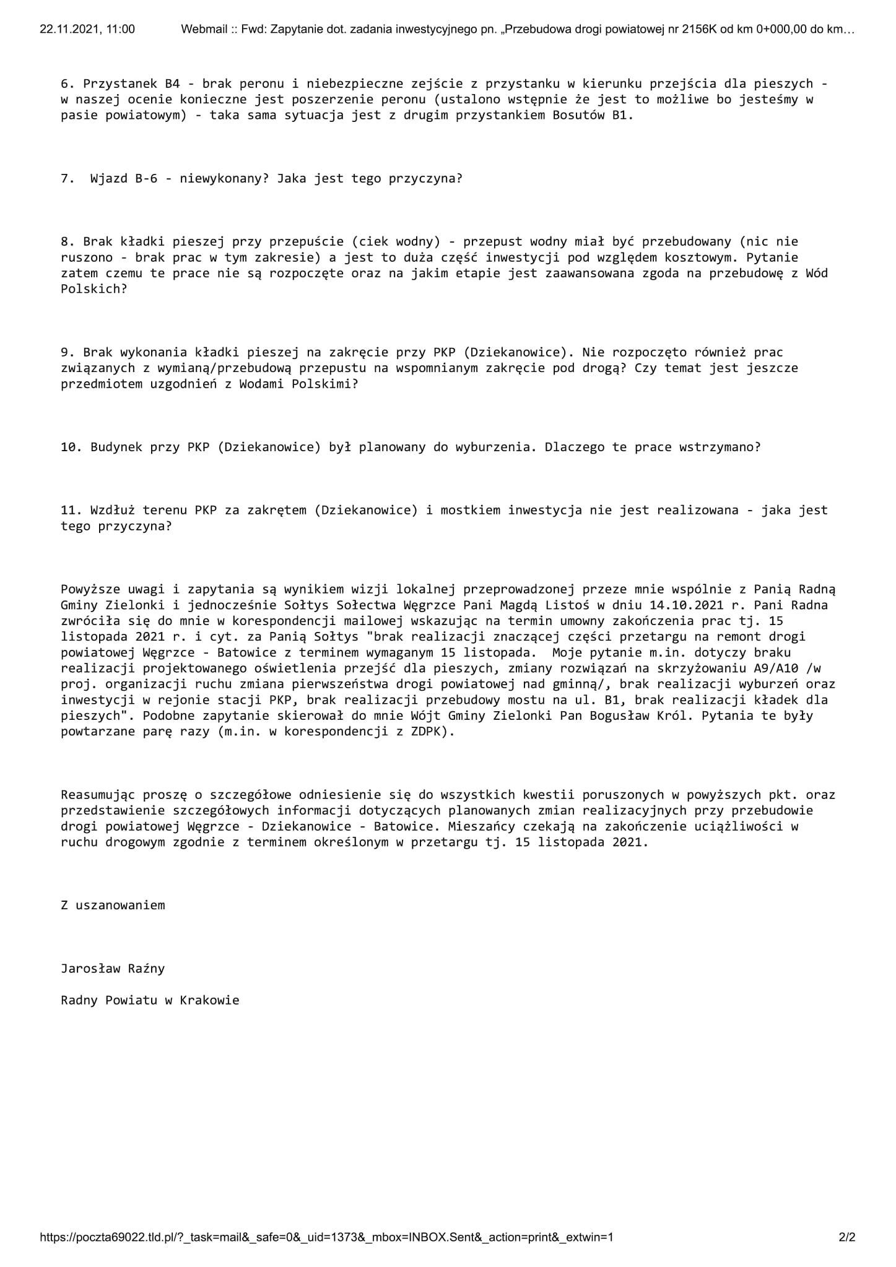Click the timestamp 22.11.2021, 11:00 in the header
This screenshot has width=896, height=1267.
point(87,29)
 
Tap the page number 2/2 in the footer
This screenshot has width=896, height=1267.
point(846,1237)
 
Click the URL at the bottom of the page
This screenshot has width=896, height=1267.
point(326,1237)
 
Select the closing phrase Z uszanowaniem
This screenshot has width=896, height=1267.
point(113,905)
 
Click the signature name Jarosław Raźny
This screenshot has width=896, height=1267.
point(113,968)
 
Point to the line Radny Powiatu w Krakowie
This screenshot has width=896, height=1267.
point(150,1000)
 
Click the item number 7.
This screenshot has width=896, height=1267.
point(67,179)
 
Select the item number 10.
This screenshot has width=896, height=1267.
point(71,447)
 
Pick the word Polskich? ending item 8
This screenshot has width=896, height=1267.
point(94,289)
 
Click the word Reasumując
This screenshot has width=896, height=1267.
point(98,795)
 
